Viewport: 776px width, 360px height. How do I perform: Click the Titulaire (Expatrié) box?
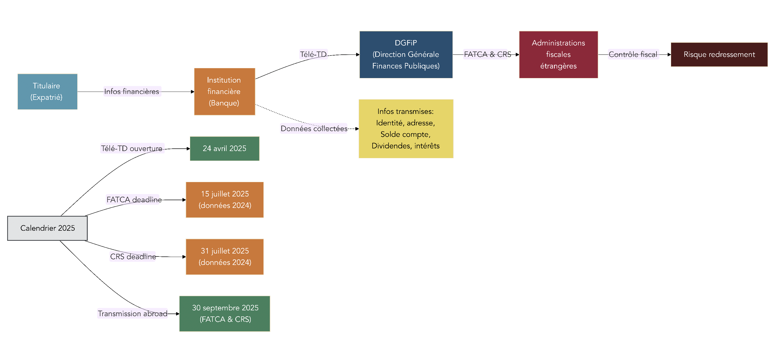pyautogui.click(x=47, y=92)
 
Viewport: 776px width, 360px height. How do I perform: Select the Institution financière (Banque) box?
pyautogui.click(x=224, y=92)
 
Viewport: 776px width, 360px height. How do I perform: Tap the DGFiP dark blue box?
pyautogui.click(x=406, y=54)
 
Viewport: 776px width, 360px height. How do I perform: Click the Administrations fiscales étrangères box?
pyautogui.click(x=558, y=54)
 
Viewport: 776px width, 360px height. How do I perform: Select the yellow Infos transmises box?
pyautogui.click(x=406, y=129)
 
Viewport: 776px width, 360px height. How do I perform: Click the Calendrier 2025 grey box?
pyautogui.click(x=47, y=228)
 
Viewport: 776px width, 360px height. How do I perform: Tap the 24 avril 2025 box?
pyautogui.click(x=224, y=148)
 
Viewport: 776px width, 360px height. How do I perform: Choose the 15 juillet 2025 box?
pyautogui.click(x=224, y=200)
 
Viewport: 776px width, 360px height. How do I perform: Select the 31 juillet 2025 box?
pyautogui.click(x=224, y=257)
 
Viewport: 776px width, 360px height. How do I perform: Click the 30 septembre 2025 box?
pyautogui.click(x=224, y=314)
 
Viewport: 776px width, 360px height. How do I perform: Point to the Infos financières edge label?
pyautogui.click(x=132, y=92)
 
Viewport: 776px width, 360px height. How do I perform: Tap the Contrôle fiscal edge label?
pyautogui.click(x=633, y=54)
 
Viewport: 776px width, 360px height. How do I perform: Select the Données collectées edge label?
pyautogui.click(x=314, y=129)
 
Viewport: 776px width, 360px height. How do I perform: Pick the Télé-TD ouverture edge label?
pyautogui.click(x=132, y=148)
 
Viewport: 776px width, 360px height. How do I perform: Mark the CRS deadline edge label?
pyautogui.click(x=133, y=257)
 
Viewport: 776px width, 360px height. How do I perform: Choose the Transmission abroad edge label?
pyautogui.click(x=132, y=314)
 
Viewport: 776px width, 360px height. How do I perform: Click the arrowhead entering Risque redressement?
pyautogui.click(x=669, y=54)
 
